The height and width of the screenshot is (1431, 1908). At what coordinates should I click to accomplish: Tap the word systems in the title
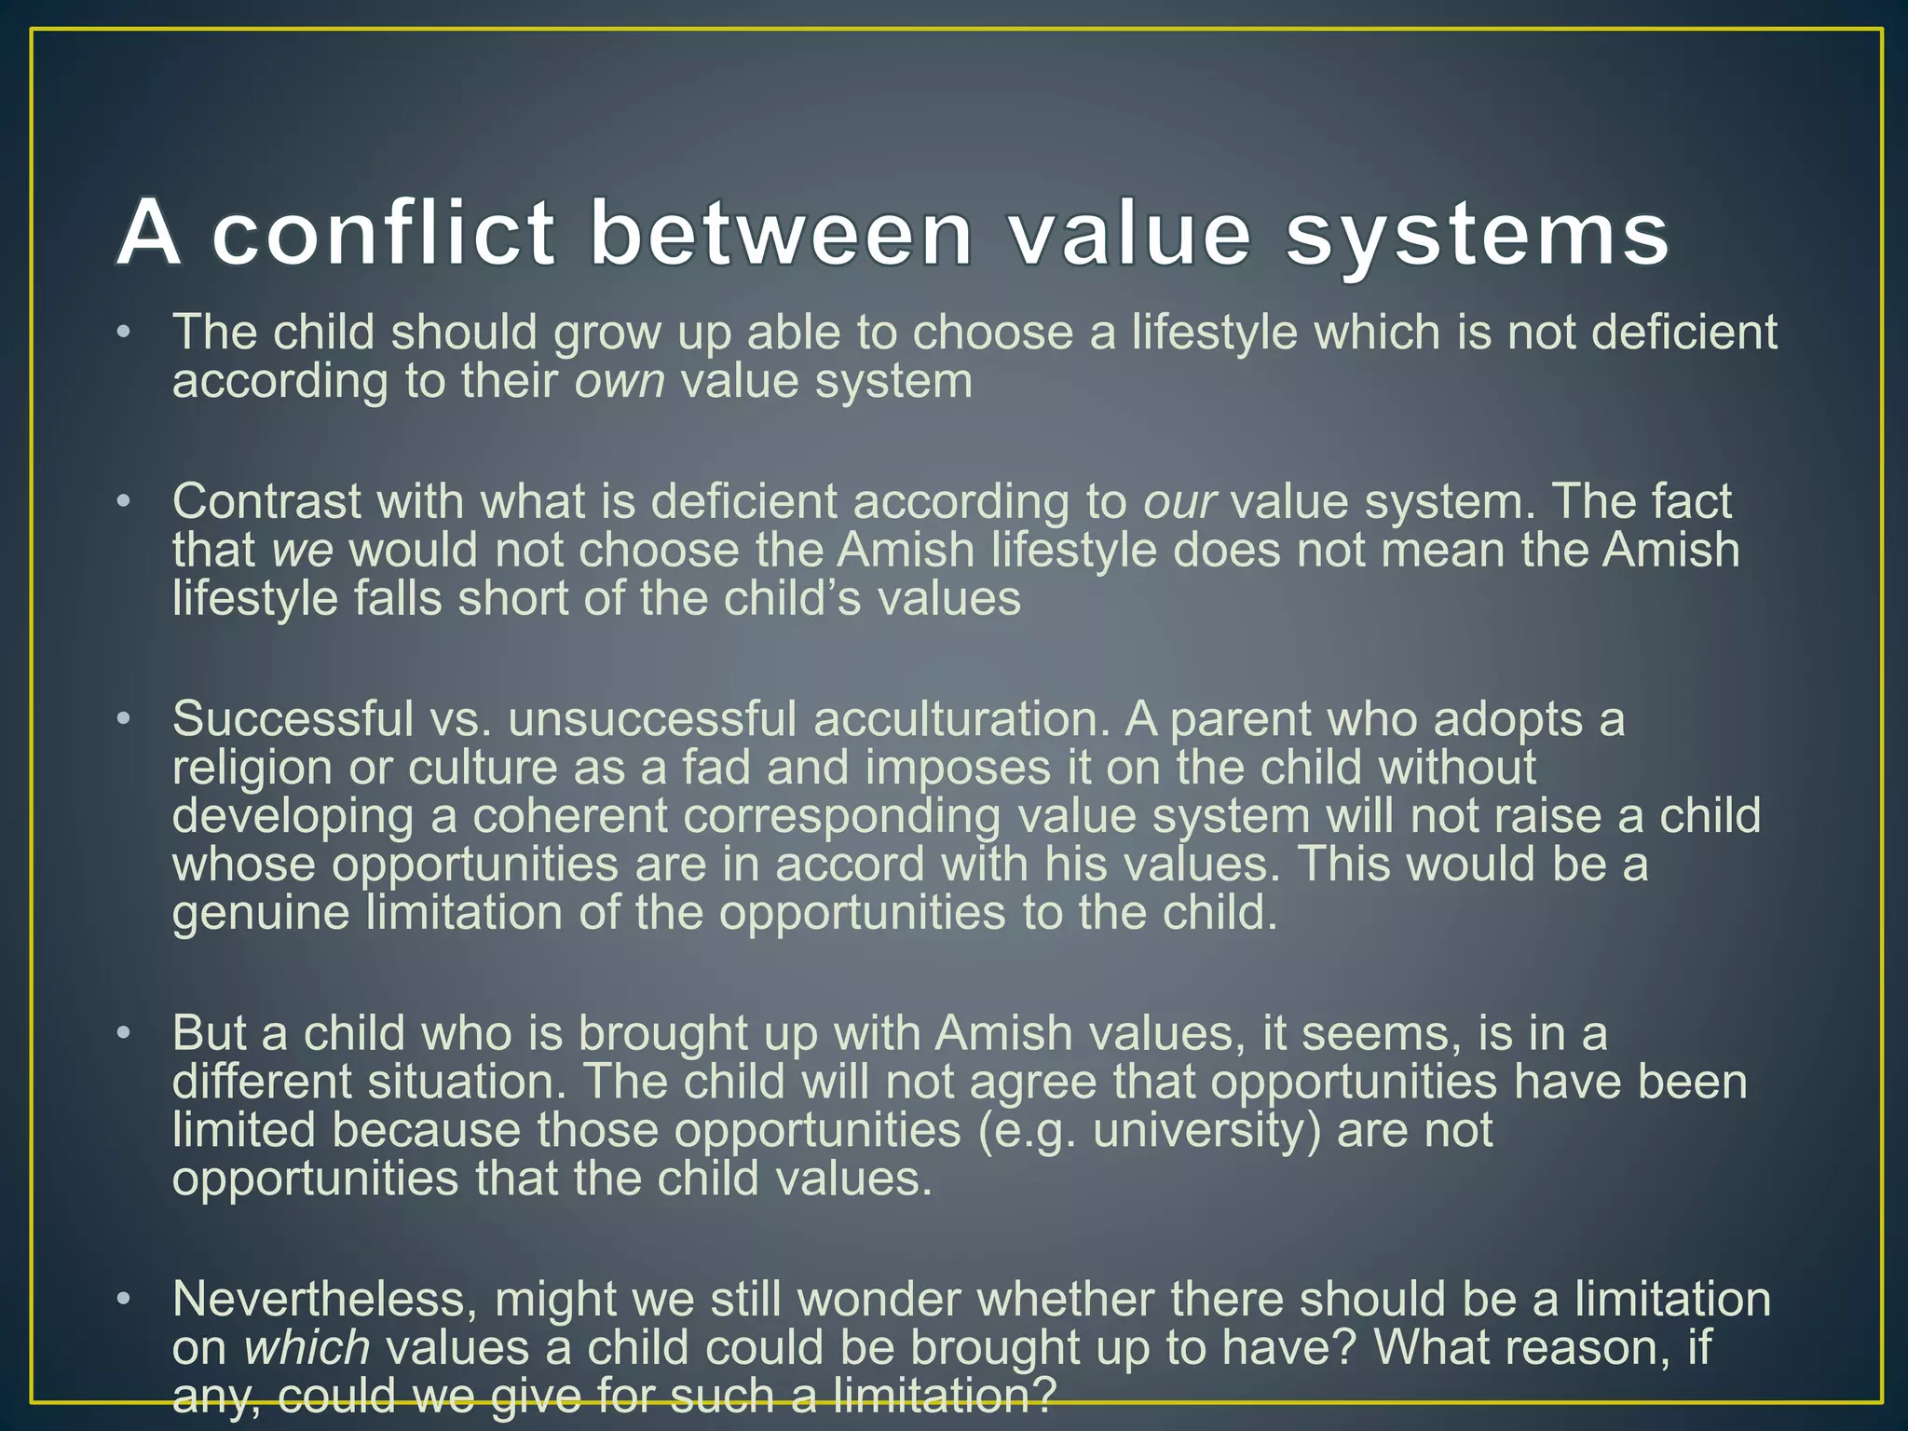(1478, 235)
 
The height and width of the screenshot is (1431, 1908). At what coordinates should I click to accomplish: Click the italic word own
(620, 381)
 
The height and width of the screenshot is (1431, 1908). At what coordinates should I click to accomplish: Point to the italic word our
(1179, 502)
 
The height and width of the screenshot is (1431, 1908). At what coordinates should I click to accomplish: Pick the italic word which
(307, 1348)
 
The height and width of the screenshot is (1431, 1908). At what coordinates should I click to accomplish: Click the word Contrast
(266, 501)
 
